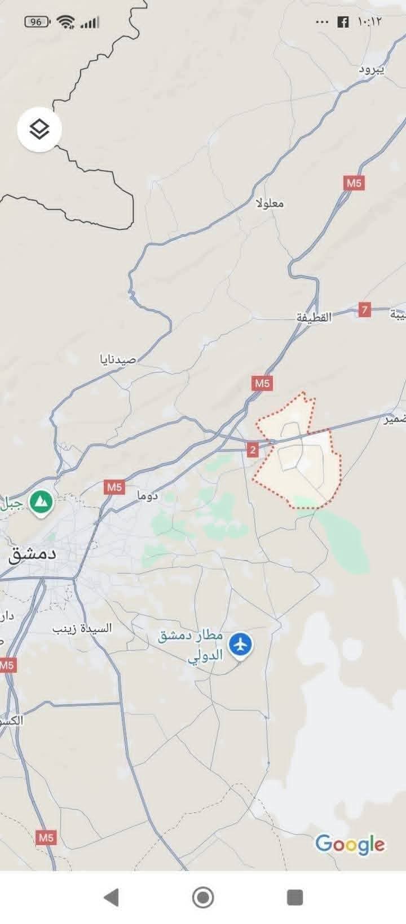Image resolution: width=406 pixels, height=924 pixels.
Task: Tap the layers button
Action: point(39,130)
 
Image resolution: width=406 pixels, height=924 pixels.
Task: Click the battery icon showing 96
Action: point(37,22)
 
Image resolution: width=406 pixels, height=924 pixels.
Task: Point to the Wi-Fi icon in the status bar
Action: point(66,22)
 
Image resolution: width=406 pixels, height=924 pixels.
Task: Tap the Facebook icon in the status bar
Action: point(342,22)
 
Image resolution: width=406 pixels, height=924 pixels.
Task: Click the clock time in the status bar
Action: point(369,22)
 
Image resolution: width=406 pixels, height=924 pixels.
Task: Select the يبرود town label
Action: point(372,69)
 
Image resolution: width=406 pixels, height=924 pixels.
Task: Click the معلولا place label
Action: point(270,203)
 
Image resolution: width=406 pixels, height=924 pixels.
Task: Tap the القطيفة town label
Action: point(315,317)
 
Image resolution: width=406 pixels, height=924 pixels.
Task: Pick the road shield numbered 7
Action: point(365,309)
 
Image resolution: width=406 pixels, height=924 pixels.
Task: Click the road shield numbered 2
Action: point(252,449)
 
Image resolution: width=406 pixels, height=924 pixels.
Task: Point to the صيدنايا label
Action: point(118,359)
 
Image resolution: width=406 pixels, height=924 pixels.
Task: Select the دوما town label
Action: point(148,496)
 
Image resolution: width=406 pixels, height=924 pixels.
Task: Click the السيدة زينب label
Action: point(82,628)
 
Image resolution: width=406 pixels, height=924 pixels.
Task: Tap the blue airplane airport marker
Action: point(241,643)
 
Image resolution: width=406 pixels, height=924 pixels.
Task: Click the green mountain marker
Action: point(41,501)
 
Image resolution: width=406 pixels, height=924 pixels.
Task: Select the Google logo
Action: point(350,844)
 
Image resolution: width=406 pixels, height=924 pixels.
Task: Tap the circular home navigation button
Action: point(203,897)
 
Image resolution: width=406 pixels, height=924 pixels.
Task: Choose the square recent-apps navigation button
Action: point(294,897)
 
